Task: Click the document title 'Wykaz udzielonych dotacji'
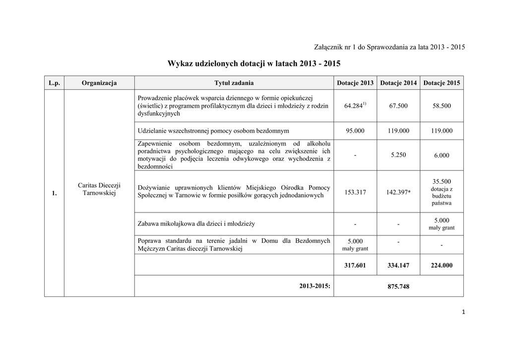point(254,64)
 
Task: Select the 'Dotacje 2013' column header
point(355,83)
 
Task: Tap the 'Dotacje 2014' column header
point(398,83)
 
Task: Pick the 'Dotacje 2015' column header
point(442,83)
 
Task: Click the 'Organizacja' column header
point(99,83)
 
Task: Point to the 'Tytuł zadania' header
point(234,83)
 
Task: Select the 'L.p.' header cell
point(54,83)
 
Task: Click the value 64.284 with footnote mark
point(355,106)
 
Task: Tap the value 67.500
point(398,106)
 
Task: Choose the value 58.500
point(442,106)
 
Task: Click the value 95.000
point(355,131)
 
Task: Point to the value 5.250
point(398,155)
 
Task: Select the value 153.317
point(355,192)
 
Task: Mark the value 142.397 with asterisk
point(398,192)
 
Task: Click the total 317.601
point(355,266)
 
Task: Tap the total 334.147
point(398,266)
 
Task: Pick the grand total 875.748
point(398,287)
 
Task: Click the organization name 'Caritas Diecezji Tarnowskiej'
point(99,189)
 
